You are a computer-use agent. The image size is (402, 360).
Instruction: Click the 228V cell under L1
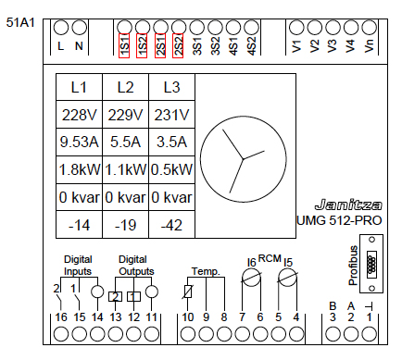(x=79, y=115)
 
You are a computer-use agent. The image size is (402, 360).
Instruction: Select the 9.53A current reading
(x=79, y=142)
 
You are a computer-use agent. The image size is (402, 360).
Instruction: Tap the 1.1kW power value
(x=125, y=169)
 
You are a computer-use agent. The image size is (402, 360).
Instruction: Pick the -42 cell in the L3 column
(x=171, y=225)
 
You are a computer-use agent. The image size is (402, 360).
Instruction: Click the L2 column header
(x=125, y=87)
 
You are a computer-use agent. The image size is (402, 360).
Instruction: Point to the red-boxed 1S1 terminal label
(x=124, y=45)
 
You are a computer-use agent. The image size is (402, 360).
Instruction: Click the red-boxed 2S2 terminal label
(x=178, y=45)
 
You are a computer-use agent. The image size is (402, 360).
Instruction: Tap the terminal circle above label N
(x=80, y=28)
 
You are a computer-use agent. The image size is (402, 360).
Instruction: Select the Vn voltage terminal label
(x=369, y=46)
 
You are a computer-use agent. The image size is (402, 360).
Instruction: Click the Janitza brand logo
(x=348, y=205)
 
